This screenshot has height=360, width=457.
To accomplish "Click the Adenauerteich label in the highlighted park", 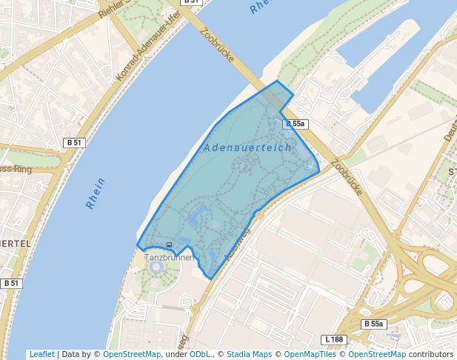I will coord(247,148).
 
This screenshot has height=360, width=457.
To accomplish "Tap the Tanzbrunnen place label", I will coord(168,257).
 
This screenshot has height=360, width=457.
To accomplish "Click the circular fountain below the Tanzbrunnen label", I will coord(157,267).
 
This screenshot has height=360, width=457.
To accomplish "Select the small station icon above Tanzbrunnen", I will coord(170,244).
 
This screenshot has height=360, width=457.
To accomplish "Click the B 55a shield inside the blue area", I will coord(295,124).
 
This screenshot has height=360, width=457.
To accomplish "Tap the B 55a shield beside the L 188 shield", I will coord(373,324).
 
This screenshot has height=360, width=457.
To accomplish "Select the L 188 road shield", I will coord(335,339).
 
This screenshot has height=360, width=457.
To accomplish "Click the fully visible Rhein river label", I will coord(96,193).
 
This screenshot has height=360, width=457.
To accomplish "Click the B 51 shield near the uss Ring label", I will coord(74,142).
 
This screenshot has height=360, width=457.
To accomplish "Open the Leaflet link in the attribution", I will coord(41,354).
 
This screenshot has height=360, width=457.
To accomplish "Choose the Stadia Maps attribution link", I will coord(250,354).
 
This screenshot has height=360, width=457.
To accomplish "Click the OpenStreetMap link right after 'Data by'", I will coord(131,354).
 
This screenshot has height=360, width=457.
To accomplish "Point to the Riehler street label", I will coord(113,9).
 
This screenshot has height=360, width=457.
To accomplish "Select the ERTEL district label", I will coord(16,243).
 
